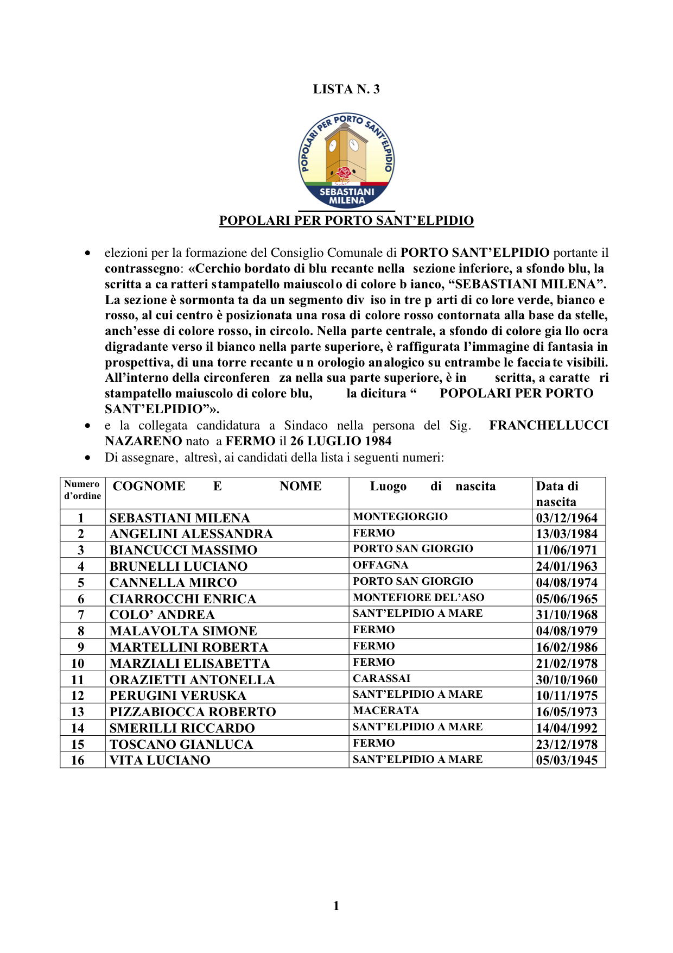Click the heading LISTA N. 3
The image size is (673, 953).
(346, 90)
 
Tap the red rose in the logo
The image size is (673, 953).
(344, 173)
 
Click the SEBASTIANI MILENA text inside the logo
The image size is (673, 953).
(347, 196)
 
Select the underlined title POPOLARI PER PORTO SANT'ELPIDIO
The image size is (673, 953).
(346, 220)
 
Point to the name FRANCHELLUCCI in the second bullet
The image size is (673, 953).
(548, 425)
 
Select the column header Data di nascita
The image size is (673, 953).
(557, 493)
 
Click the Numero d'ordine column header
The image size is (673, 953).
(82, 490)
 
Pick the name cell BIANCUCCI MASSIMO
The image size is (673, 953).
(183, 550)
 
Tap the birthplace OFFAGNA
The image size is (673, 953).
(380, 565)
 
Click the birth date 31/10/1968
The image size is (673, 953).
(567, 615)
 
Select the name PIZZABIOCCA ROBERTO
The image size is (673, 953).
(193, 712)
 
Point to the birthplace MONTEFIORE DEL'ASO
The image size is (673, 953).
(418, 598)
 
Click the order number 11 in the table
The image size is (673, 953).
(78, 680)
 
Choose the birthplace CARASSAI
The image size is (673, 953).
(382, 679)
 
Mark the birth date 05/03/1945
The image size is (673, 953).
(567, 760)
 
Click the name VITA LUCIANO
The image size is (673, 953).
(160, 760)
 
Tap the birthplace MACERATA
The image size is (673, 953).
(386, 711)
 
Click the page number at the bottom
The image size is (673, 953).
(336, 905)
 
